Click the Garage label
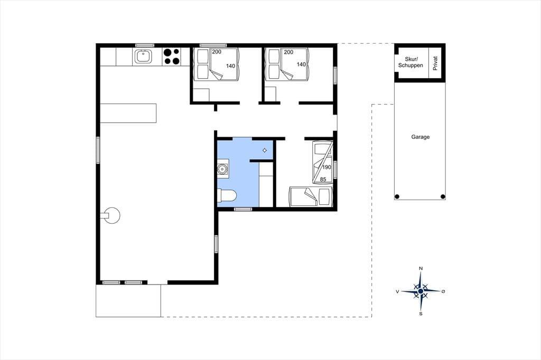(x=420, y=137)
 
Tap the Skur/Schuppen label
(x=411, y=62)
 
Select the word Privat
(x=435, y=63)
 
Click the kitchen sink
(x=143, y=56)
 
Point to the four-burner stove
(x=172, y=56)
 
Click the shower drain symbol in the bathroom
(x=265, y=150)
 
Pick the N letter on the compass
(x=421, y=268)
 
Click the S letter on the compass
(x=421, y=314)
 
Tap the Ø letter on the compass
(x=443, y=291)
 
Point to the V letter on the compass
(x=397, y=292)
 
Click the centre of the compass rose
(x=421, y=291)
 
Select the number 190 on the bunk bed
(x=327, y=167)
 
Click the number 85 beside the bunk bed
(x=323, y=179)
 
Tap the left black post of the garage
(x=397, y=196)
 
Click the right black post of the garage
(x=443, y=196)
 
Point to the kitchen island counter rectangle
(x=128, y=113)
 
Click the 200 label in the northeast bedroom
(x=288, y=52)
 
